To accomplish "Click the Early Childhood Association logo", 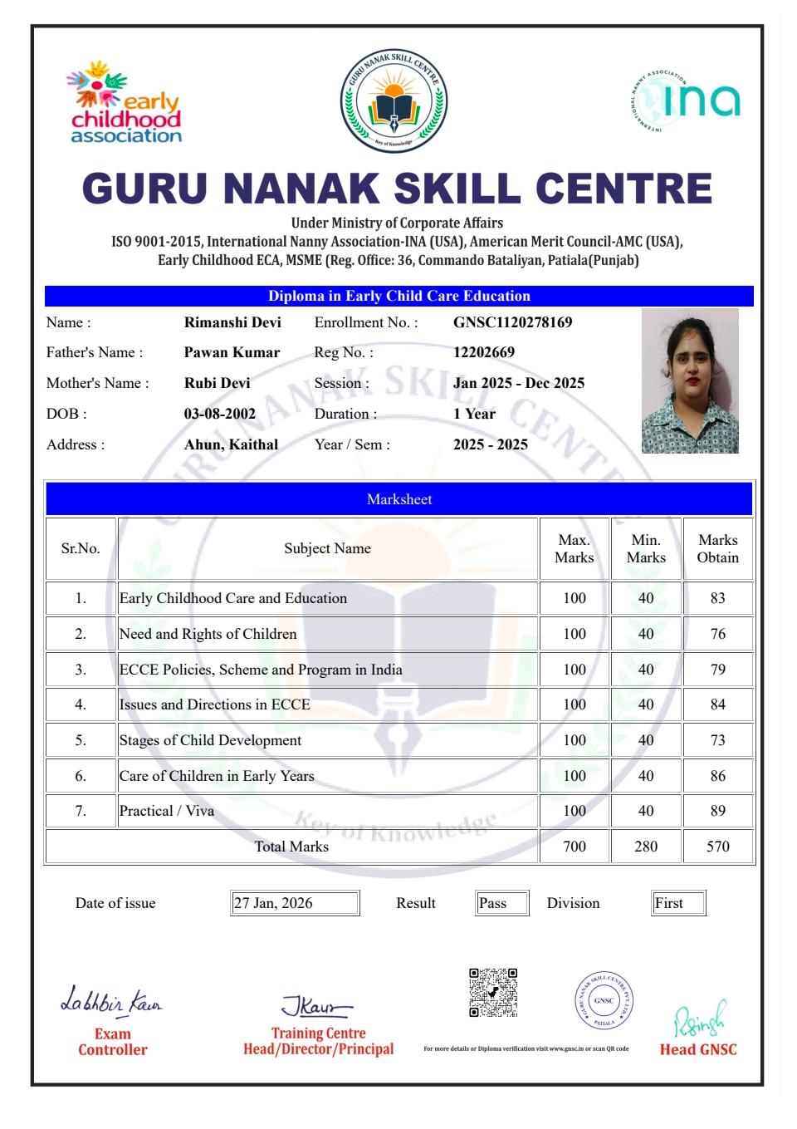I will click(x=125, y=102).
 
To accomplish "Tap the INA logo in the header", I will click(x=686, y=100).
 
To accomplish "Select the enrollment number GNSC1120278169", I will click(x=512, y=322).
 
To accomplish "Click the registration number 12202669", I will click(x=484, y=352).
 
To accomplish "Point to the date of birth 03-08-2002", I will click(x=220, y=414).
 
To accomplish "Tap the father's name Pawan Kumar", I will click(x=232, y=352).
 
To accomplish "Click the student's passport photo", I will click(x=690, y=380).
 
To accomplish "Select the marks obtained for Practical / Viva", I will click(x=717, y=811).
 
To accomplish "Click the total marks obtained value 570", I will click(x=717, y=847).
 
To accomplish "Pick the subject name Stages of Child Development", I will click(x=210, y=740).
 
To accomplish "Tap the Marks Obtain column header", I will click(x=717, y=548).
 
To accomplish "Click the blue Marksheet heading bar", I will click(x=399, y=499).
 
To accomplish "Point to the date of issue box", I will click(x=295, y=903).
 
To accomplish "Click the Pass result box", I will click(x=502, y=903).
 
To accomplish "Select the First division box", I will click(x=678, y=903).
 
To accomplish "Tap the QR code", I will click(x=493, y=992).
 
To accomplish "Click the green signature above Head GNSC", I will click(x=698, y=1018).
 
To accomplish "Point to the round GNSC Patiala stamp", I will click(x=604, y=1000).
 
